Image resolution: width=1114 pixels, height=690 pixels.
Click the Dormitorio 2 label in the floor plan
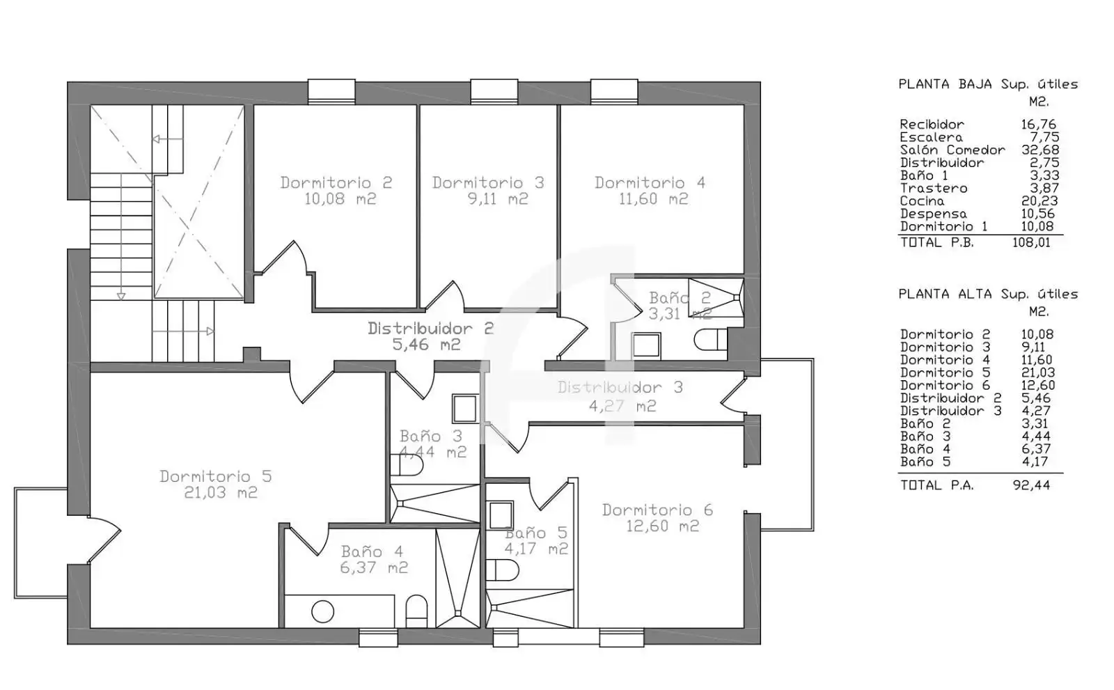336,182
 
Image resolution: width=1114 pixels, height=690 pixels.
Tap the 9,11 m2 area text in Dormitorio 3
498,199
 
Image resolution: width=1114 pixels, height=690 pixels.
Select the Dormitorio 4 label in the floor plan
650,182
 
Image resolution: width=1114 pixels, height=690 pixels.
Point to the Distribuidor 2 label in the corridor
431,329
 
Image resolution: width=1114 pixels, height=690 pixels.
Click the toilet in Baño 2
710,340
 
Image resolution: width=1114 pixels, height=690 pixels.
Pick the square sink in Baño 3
465,409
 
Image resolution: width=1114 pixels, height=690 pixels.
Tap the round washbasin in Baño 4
323,611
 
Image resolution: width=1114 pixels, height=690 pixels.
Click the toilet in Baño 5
502,570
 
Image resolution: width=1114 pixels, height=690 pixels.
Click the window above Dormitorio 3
494,92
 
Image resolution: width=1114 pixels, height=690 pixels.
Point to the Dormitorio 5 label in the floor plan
216,476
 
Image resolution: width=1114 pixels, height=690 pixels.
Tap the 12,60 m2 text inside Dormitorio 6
662,526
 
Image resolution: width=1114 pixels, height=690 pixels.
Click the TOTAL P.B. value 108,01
1031,243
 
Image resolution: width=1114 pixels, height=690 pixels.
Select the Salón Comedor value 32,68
1040,150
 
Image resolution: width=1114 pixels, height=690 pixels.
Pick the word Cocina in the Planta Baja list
922,201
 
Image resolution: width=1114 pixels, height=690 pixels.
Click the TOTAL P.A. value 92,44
1031,485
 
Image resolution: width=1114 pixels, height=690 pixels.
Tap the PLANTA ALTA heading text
943,294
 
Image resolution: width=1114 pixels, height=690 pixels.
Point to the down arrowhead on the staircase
121,297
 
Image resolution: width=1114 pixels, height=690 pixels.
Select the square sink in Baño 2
646,345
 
